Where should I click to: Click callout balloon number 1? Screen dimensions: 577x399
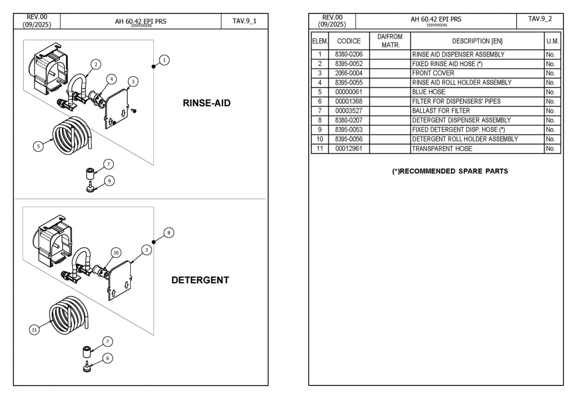pos(164,60)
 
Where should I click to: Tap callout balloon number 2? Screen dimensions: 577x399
pos(96,64)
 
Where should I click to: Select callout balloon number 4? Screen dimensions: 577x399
pos(111,79)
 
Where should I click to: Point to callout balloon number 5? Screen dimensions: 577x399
pos(38,146)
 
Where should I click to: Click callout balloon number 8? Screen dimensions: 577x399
pos(168,233)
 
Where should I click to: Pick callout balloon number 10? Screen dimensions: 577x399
pos(116,252)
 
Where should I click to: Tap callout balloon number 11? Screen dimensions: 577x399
pos(34,330)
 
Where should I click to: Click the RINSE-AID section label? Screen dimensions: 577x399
pos(206,103)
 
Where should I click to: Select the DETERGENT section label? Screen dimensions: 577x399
pos(200,280)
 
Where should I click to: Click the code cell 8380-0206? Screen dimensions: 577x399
pos(348,54)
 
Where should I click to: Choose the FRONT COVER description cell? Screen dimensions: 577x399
pos(477,73)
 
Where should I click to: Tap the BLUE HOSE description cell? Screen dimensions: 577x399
pos(477,92)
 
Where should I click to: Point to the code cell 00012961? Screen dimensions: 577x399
pos(348,148)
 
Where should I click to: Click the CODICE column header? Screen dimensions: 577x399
pos(348,41)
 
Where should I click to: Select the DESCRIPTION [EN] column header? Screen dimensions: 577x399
pos(477,41)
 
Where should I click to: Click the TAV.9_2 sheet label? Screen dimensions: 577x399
pos(540,19)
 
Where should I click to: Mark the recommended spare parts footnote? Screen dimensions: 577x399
pos(450,171)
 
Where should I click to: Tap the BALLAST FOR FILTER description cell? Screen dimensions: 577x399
pos(477,111)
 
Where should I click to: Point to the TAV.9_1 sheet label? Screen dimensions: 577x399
pos(245,21)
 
